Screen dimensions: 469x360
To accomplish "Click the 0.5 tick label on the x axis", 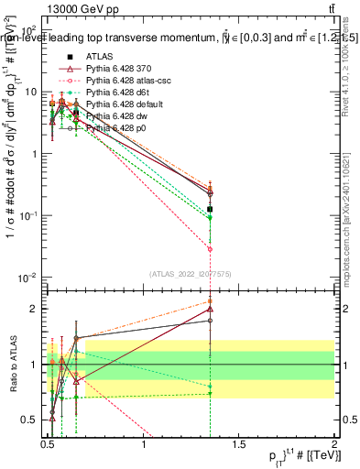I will (48, 445).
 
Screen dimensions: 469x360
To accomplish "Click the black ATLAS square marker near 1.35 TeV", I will (211, 210).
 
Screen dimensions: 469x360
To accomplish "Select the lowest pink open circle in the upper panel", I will (211, 249).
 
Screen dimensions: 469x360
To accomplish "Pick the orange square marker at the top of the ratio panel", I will (211, 301).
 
